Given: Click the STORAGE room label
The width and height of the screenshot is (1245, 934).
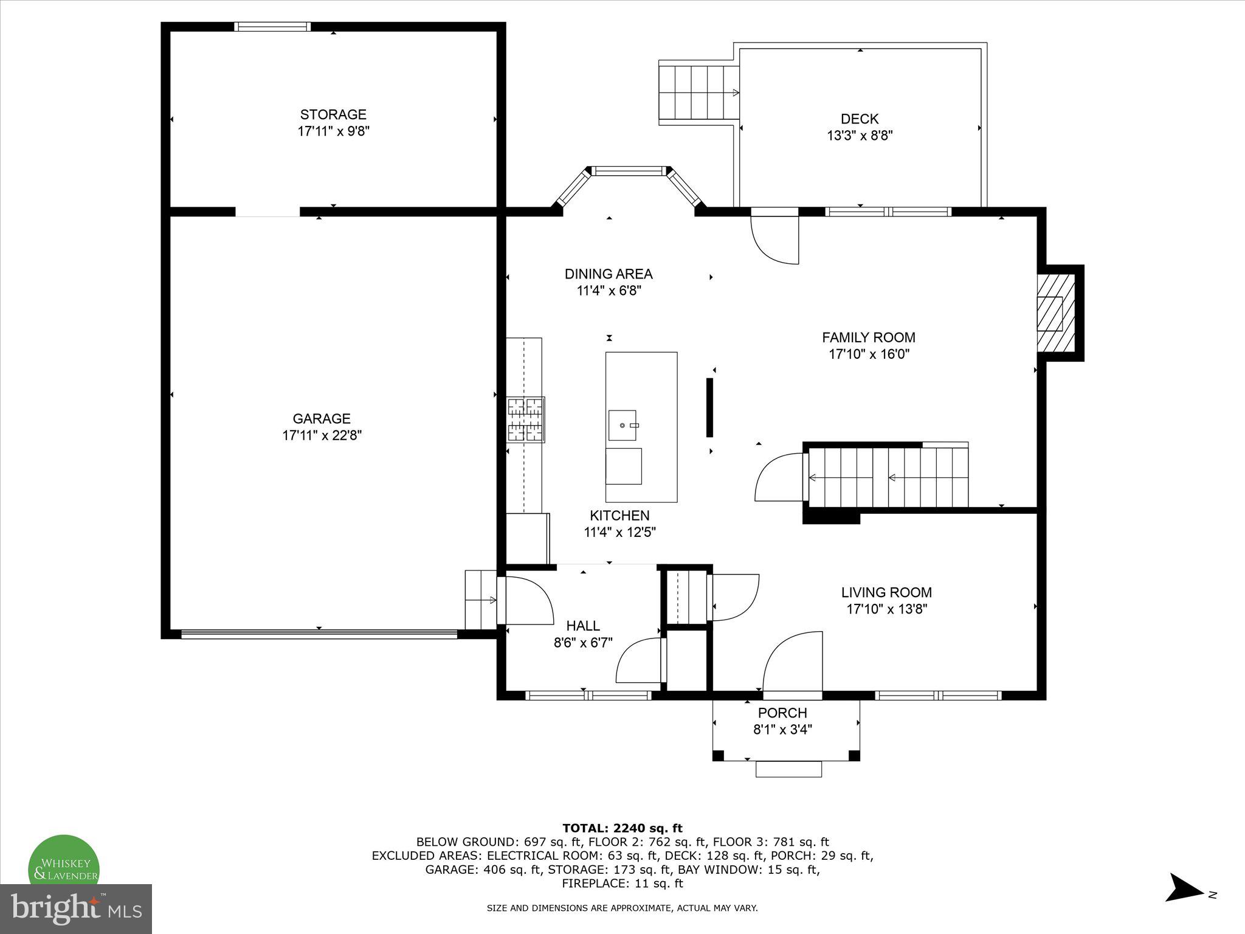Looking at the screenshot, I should (x=333, y=114).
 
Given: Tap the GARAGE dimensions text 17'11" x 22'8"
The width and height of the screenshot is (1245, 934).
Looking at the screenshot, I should (x=322, y=435).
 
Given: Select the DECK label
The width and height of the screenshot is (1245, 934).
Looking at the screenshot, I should (x=860, y=119).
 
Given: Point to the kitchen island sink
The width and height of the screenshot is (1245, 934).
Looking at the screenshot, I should (x=622, y=425).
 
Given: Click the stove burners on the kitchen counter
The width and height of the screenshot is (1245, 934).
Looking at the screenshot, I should (x=526, y=419).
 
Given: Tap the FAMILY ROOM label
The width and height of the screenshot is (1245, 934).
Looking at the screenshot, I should (x=868, y=337).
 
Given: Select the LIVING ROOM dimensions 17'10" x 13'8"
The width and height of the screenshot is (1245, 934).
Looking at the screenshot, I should (x=886, y=609).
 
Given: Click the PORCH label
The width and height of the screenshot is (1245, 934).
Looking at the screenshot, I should (x=782, y=713).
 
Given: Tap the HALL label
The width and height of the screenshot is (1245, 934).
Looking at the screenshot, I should (x=583, y=625).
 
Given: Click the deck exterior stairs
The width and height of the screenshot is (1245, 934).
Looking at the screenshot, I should (x=698, y=93).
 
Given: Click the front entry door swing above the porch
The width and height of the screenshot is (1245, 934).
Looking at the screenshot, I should (x=793, y=662).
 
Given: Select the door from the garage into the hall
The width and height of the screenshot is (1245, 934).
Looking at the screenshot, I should (x=524, y=601).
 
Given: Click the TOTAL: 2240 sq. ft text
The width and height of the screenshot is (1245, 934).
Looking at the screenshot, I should (x=622, y=828).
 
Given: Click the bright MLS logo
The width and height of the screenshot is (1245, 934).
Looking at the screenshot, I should (x=76, y=909).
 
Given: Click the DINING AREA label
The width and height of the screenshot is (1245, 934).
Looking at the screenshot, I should (x=609, y=274).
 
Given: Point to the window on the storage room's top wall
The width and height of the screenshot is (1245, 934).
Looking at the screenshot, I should (x=272, y=26).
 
